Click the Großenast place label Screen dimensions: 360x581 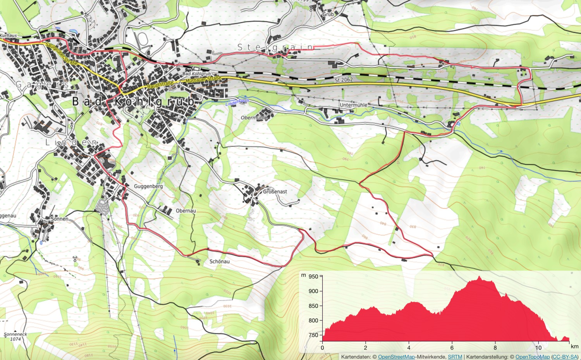coord(275,192)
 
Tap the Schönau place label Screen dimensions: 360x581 coord(219,262)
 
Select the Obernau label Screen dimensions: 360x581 coord(186,211)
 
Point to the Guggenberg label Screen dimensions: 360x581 coord(148,186)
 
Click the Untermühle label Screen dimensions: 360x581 coord(353,105)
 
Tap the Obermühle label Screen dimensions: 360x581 coord(254,117)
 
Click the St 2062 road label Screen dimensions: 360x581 coord(344,80)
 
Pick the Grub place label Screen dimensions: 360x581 coord(328,14)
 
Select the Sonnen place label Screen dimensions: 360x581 coord(60,219)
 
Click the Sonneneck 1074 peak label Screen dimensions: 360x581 coord(15,336)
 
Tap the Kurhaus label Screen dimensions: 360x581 coord(9,36)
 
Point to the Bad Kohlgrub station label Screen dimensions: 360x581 coord(196,74)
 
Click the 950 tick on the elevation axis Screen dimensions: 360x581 coord(313,276)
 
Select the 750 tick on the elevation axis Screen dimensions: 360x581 coord(313,335)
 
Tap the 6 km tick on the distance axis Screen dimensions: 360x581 coord(452,348)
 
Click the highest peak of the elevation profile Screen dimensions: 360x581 coord(480,277)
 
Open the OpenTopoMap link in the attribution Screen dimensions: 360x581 coord(532,357)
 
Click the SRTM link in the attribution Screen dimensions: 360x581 coord(455,357)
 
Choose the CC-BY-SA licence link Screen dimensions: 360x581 coord(565,357)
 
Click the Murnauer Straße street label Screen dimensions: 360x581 coord(203,79)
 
